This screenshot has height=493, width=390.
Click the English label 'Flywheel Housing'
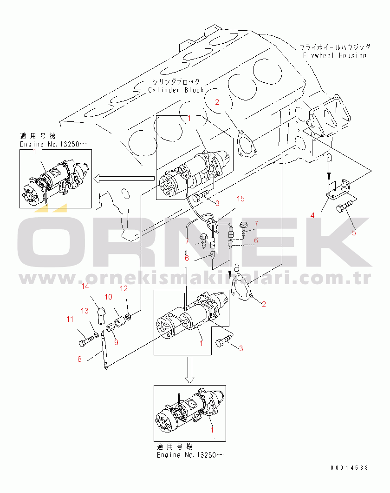[x=334, y=56]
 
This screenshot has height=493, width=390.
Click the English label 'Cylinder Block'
[x=176, y=90]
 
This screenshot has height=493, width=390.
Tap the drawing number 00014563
[x=349, y=468]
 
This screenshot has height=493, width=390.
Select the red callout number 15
[x=240, y=199]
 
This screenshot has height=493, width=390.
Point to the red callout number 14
[x=85, y=286]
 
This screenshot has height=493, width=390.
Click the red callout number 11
[x=70, y=320]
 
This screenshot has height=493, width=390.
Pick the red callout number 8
[x=79, y=359]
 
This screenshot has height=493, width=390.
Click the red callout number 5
[x=354, y=233]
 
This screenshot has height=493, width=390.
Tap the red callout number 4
[x=312, y=215]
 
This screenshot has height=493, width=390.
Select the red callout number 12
[x=124, y=289]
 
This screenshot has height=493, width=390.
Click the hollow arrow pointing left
[x=124, y=179]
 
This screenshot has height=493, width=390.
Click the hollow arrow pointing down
[x=189, y=370]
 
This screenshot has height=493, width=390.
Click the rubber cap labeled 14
[x=101, y=316]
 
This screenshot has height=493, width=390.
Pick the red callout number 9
[x=116, y=342]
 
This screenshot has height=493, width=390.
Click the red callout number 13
[x=84, y=311]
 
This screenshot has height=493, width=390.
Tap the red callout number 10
[x=108, y=297]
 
